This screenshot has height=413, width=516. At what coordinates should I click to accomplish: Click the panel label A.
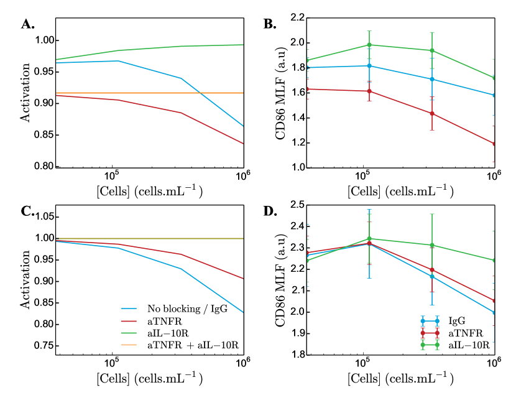pyautogui.click(x=27, y=24)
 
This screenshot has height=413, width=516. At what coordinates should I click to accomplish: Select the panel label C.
pyautogui.click(x=27, y=211)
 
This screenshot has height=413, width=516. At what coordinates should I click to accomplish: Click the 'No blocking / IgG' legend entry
pyautogui.click(x=181, y=309)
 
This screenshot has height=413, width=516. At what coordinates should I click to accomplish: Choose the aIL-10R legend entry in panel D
pyautogui.click(x=469, y=343)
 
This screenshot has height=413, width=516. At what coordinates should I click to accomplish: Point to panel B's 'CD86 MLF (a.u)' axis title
pyautogui.click(x=280, y=93)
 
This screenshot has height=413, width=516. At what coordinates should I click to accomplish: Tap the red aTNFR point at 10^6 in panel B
pyautogui.click(x=494, y=144)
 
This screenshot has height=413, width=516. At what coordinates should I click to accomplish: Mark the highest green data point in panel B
pyautogui.click(x=369, y=45)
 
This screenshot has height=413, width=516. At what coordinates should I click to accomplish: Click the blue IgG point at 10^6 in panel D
pyautogui.click(x=494, y=312)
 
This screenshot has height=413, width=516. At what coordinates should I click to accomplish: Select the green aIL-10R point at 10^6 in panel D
pyautogui.click(x=494, y=261)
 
